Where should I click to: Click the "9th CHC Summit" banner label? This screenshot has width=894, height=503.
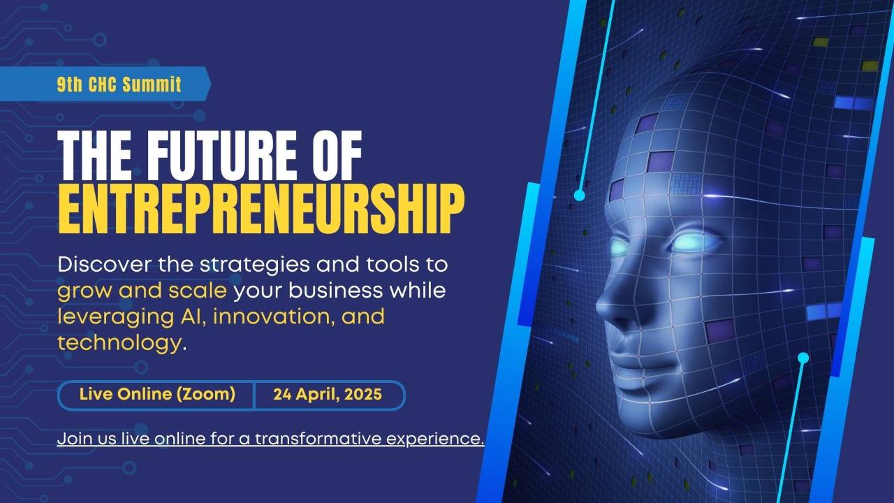(119, 85)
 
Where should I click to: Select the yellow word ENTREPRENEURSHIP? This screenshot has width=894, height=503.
(261, 208)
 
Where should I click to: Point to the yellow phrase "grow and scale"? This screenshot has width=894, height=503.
(142, 291)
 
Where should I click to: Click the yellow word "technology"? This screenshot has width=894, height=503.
(119, 342)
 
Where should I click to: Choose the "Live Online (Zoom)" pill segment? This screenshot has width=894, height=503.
(157, 394)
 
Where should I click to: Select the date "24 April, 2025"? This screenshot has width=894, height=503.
(328, 394)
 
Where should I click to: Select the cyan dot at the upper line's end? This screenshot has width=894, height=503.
(579, 196)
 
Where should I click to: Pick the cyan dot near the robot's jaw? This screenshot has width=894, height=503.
(803, 358)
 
